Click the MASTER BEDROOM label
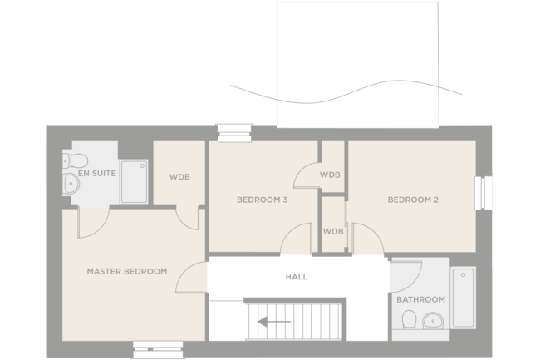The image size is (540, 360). (x=127, y=271)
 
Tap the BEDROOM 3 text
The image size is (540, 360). (x=262, y=200)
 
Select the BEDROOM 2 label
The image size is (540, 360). (x=413, y=200)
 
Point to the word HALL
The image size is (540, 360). (x=296, y=277)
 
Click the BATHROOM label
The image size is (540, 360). (x=420, y=299)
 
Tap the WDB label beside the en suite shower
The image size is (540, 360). (x=180, y=175)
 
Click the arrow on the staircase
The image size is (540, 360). (x=273, y=320)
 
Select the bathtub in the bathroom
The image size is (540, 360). (x=462, y=298)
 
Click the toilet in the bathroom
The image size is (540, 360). (x=407, y=320)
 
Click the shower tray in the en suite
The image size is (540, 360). (x=134, y=181)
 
